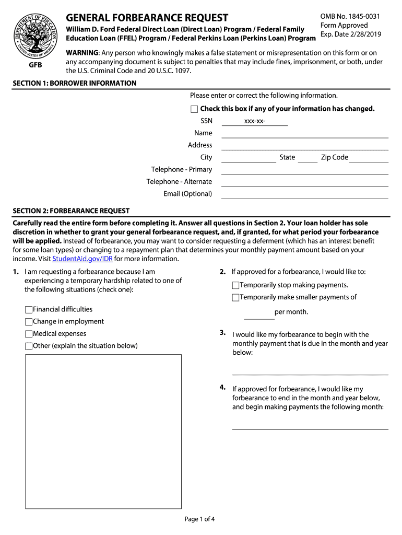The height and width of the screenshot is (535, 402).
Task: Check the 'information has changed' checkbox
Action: (x=194, y=109)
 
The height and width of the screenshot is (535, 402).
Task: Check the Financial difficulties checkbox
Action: (x=29, y=310)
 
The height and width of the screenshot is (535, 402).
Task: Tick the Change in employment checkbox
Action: (x=29, y=322)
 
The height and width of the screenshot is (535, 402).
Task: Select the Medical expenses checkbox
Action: (x=29, y=334)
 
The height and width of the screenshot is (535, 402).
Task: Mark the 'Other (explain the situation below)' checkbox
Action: (x=29, y=346)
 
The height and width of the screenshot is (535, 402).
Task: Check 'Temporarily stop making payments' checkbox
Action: (x=235, y=285)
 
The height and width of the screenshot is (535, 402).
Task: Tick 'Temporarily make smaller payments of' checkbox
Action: (x=235, y=297)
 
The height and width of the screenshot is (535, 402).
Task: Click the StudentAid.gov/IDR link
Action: (x=82, y=259)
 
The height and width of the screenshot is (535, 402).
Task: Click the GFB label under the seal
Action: (x=36, y=66)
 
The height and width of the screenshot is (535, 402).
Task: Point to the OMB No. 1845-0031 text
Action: (x=350, y=17)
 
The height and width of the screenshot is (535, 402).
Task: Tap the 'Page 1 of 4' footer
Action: (x=199, y=519)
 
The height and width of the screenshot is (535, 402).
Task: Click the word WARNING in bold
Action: (x=82, y=53)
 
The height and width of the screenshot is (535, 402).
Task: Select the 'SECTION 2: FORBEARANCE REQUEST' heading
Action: (x=71, y=211)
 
